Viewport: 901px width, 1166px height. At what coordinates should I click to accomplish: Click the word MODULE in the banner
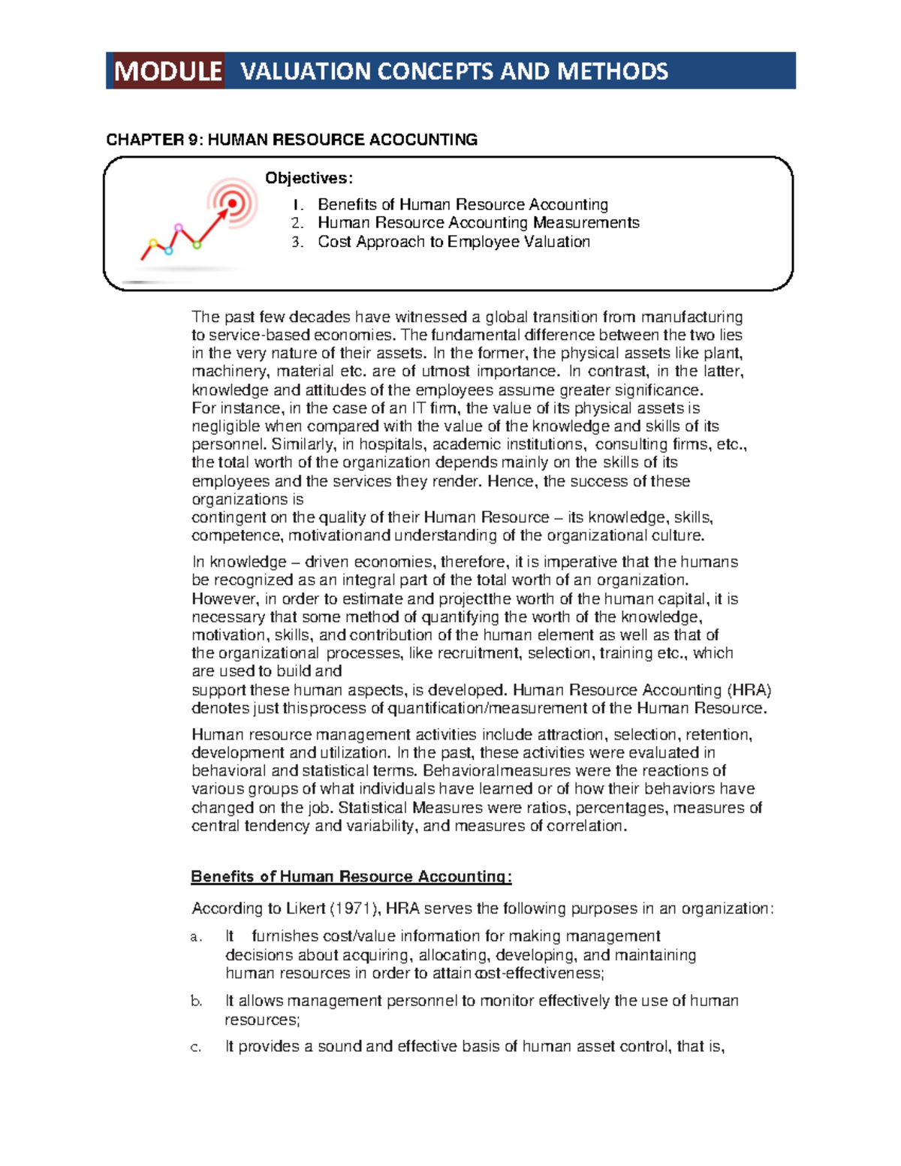167,71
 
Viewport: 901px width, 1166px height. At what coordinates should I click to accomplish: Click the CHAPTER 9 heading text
291,140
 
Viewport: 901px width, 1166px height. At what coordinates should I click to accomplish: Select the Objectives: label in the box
308,178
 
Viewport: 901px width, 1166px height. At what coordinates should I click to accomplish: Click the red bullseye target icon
233,203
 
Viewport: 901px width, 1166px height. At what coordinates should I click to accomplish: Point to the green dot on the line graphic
197,245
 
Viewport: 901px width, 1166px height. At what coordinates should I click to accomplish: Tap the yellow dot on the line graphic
153,243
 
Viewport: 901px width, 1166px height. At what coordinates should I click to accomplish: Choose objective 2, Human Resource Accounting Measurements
478,223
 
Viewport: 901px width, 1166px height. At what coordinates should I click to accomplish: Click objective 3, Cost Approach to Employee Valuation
453,242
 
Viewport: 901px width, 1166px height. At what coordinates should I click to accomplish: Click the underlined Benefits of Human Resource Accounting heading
351,877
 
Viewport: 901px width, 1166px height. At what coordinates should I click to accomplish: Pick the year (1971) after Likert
356,908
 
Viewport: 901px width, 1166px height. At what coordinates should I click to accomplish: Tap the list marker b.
196,1002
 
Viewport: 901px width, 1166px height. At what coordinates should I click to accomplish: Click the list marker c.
196,1047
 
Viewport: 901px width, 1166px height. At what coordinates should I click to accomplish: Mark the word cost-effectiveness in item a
538,974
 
